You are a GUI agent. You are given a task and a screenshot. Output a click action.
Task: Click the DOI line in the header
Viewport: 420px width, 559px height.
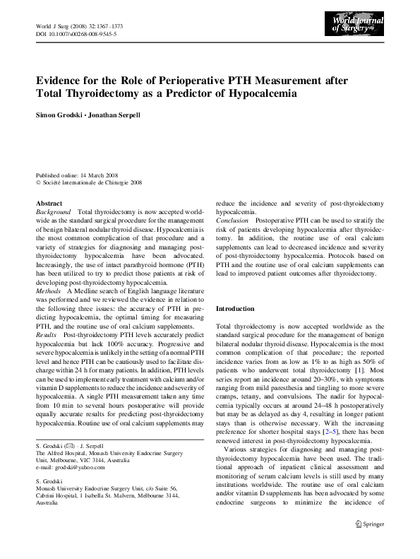76,34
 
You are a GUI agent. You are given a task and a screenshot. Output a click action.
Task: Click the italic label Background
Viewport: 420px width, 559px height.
54,212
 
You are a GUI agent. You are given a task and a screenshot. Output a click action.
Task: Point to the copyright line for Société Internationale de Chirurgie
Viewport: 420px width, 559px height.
92,182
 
